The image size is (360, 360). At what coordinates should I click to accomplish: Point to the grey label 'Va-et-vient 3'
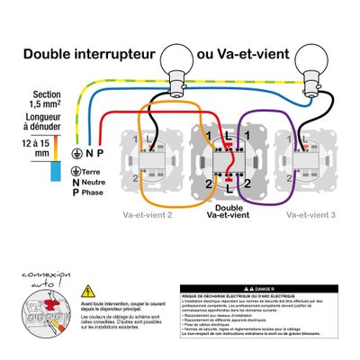(x=310, y=215)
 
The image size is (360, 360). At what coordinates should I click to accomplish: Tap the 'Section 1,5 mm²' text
(x=47, y=99)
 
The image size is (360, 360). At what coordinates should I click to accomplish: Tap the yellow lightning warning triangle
(x=88, y=291)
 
